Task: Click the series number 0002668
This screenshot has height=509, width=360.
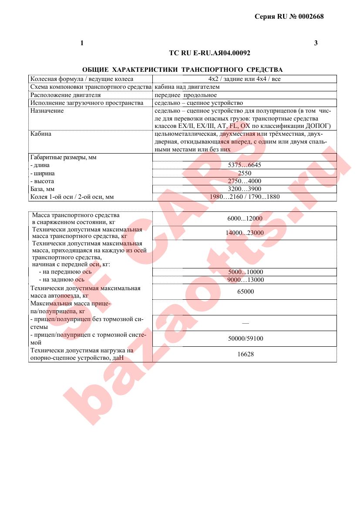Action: tap(310, 17)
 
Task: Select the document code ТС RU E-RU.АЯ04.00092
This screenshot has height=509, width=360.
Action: tap(209, 53)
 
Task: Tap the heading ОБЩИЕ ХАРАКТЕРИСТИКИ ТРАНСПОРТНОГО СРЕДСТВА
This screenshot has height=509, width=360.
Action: tap(182, 70)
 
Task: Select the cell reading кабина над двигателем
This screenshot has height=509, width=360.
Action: tap(187, 87)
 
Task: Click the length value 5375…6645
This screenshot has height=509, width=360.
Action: tap(244, 165)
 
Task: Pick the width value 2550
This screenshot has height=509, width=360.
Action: tap(244, 173)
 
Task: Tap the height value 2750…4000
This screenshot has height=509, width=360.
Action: tap(244, 181)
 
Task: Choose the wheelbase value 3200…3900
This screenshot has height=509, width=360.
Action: tap(244, 189)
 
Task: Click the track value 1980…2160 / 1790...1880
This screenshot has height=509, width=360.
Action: tap(244, 197)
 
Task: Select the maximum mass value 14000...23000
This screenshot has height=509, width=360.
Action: tap(245, 233)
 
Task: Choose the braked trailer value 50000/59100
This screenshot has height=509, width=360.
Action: tap(244, 338)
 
